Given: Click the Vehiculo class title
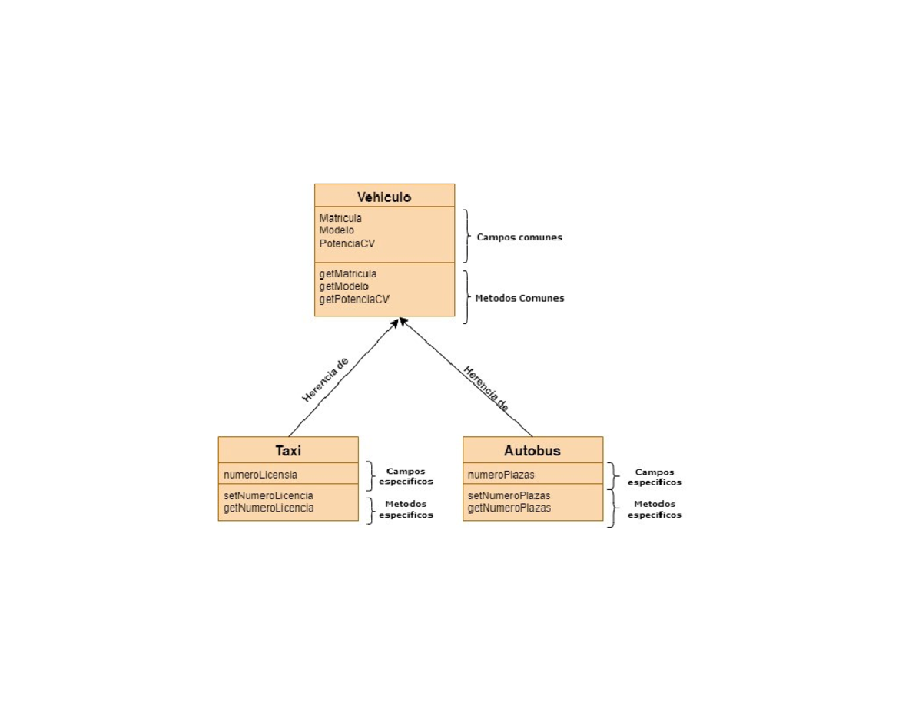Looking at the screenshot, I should click(384, 197).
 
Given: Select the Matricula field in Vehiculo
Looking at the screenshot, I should click(340, 218).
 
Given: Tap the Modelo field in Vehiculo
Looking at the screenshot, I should click(337, 230).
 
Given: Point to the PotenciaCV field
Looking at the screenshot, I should click(347, 243).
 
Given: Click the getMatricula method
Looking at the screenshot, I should click(348, 273).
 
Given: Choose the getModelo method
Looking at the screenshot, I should click(344, 286).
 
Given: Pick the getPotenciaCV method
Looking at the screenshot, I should click(354, 300).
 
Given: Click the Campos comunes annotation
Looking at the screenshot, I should click(519, 237).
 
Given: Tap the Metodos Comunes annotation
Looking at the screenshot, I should click(519, 298).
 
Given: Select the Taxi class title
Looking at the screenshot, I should click(288, 451).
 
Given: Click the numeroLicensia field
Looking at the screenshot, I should click(260, 475).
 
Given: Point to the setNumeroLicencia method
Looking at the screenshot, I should click(269, 495).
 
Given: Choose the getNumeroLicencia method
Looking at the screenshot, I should click(269, 508).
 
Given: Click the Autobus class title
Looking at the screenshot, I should click(532, 451).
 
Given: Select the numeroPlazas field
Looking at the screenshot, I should click(501, 475).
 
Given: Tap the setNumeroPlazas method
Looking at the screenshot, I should click(509, 495).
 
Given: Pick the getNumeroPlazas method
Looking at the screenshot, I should click(509, 508).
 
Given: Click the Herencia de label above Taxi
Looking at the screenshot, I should click(326, 379).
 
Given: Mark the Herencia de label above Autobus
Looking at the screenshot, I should click(486, 389).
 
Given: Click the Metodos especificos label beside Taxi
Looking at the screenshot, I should click(406, 509).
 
